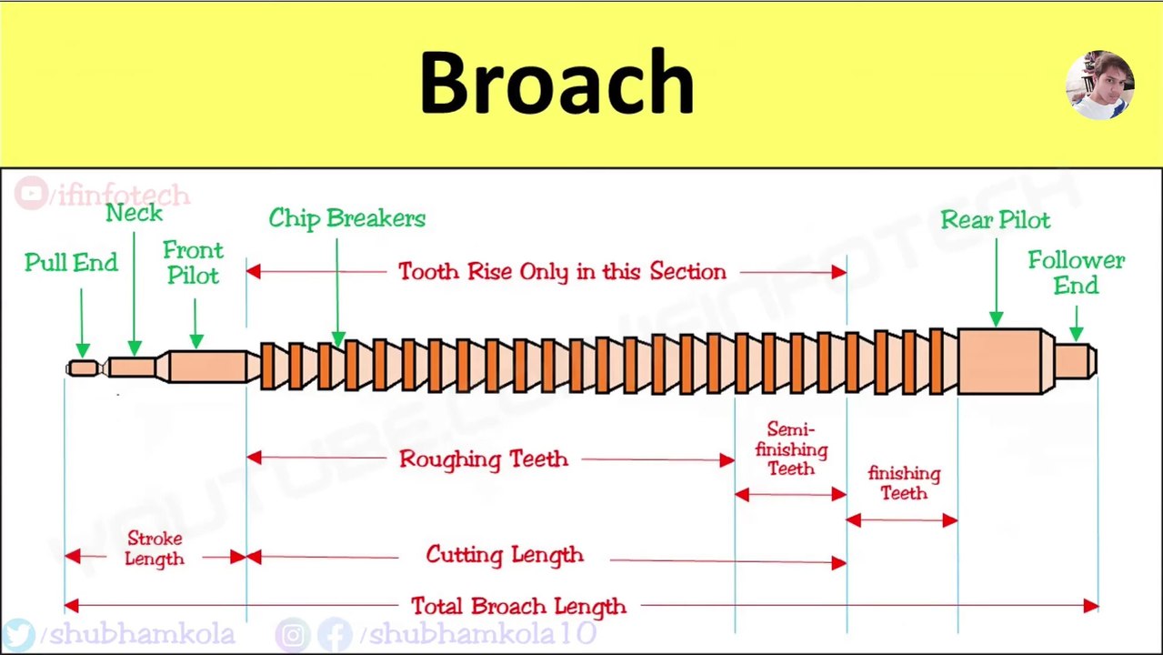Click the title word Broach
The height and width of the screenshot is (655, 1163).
pos(556,84)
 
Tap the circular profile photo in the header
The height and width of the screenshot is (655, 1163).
pos(1099,85)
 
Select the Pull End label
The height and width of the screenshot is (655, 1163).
pos(71,263)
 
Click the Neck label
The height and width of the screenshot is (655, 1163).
pos(134,213)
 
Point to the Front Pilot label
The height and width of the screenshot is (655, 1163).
pos(193,263)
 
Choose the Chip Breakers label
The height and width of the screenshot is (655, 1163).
pos(346,218)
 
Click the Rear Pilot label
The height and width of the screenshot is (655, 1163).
pos(995,220)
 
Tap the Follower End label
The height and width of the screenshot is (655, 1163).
pos(1076,273)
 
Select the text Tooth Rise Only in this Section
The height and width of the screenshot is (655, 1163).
pos(562,272)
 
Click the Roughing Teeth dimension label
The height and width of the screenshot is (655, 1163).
pos(483,459)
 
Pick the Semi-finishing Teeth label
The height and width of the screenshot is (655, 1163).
pos(791,449)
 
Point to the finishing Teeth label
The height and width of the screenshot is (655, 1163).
pos(904,483)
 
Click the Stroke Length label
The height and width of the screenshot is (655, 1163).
pos(155,549)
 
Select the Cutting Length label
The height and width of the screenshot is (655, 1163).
pos(505,555)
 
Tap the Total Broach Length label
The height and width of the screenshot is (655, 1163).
pos(518,606)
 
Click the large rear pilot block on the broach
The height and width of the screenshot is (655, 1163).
pos(1000,362)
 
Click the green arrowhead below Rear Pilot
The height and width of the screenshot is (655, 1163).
pos(996,318)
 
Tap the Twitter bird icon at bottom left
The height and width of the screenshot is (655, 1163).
pos(19,634)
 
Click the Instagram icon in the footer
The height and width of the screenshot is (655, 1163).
pos(292,634)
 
